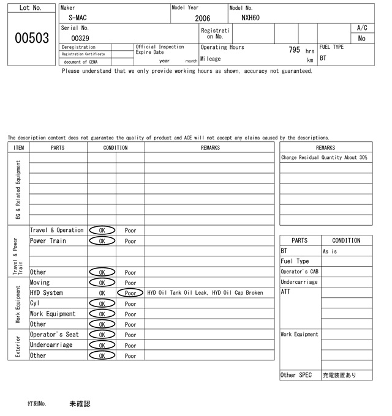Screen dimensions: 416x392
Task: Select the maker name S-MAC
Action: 77,18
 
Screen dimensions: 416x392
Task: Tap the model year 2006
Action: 202,18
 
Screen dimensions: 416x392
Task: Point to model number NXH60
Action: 251,18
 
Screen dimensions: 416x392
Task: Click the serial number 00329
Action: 80,38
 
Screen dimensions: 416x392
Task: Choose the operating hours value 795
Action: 294,50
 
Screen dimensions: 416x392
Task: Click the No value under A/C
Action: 361,39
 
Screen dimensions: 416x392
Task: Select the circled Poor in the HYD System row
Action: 130,293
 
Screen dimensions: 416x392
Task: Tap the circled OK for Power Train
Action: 102,241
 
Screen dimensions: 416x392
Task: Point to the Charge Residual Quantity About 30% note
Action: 324,158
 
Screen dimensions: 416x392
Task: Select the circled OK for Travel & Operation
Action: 102,231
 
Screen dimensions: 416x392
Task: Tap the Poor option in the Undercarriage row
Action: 130,345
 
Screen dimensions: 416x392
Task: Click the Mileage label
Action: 211,59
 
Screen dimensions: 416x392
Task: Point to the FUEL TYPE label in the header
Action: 331,47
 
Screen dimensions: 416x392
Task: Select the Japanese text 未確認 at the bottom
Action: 80,404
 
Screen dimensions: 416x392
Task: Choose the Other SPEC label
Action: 296,375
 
